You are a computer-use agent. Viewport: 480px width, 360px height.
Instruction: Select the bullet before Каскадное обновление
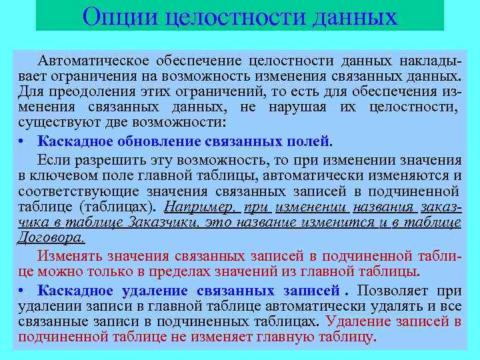click(23, 141)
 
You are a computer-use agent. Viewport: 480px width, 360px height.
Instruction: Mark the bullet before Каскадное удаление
click(23, 291)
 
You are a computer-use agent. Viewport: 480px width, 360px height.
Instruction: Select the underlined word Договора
click(51, 237)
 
